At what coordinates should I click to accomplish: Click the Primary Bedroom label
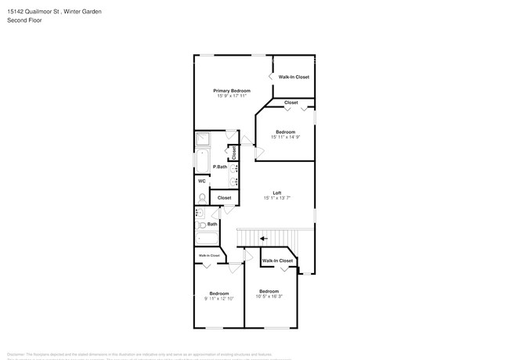(232, 91)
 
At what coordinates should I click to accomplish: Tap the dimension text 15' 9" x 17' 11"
(232, 96)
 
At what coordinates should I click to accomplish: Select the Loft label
(276, 193)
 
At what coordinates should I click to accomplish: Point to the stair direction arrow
(263, 239)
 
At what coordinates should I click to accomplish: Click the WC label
(201, 182)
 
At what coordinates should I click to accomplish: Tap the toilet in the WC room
(202, 197)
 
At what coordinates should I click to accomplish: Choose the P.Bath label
(221, 166)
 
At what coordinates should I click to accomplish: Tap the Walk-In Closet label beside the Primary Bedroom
(294, 77)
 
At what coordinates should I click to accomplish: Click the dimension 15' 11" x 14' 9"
(285, 137)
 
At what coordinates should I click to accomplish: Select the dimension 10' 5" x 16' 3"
(269, 296)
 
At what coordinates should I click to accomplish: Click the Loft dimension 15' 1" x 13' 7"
(276, 198)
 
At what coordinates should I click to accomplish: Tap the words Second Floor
(24, 20)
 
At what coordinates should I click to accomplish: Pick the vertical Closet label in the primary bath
(233, 153)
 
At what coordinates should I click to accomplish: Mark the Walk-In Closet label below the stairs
(277, 261)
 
